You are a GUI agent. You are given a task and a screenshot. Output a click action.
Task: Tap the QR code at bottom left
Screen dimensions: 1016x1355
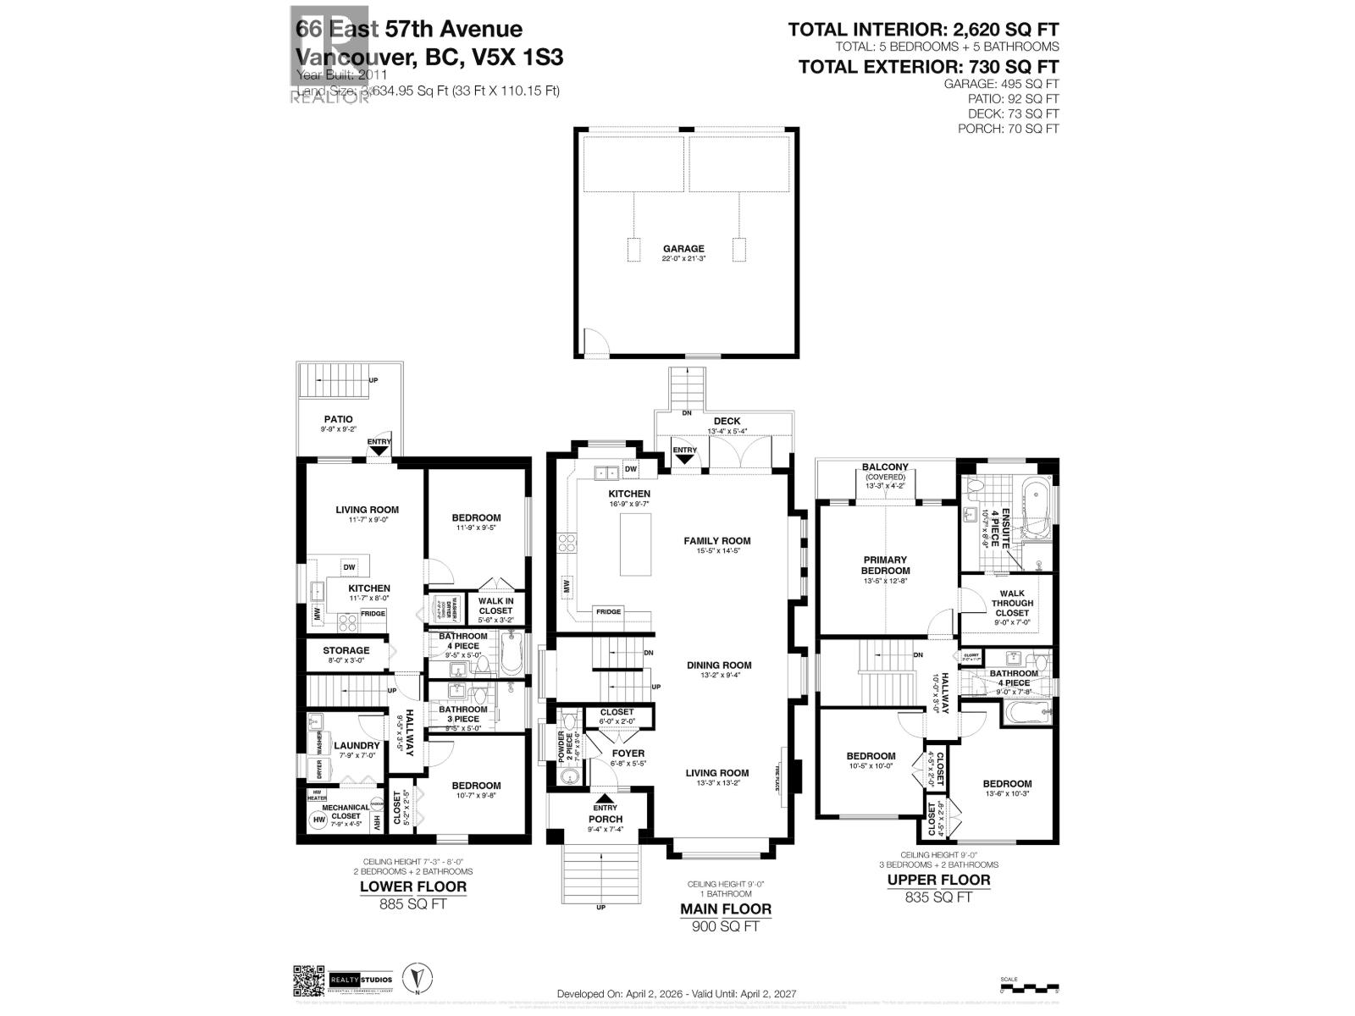click(308, 982)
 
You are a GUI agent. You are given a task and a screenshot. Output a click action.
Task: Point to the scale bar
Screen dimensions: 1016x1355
click(1029, 986)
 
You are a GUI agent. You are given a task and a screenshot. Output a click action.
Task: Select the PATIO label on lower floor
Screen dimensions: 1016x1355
click(338, 419)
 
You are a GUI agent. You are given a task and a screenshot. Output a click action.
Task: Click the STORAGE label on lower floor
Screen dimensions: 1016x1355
click(346, 650)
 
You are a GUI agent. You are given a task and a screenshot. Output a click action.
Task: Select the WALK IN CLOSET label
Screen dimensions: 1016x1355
click(495, 605)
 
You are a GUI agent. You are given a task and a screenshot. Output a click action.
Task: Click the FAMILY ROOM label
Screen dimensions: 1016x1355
click(717, 540)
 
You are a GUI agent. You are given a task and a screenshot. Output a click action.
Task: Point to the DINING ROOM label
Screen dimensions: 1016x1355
click(719, 665)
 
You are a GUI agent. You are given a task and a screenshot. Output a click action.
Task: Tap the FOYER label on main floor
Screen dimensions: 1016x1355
click(628, 753)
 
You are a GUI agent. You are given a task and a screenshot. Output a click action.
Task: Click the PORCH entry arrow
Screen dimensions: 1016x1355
click(605, 798)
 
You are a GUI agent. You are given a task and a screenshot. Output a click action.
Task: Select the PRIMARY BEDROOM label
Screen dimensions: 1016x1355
click(885, 565)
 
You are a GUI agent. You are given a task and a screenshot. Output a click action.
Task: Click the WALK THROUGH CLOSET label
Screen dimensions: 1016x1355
click(1012, 603)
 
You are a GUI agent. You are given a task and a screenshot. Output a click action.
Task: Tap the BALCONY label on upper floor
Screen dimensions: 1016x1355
click(885, 467)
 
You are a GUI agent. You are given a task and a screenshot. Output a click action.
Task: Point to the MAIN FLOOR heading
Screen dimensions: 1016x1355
click(726, 909)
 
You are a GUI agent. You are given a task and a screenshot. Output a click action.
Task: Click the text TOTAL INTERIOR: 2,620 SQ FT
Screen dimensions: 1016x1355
click(923, 30)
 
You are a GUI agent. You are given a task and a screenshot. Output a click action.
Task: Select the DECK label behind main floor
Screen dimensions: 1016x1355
click(727, 421)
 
